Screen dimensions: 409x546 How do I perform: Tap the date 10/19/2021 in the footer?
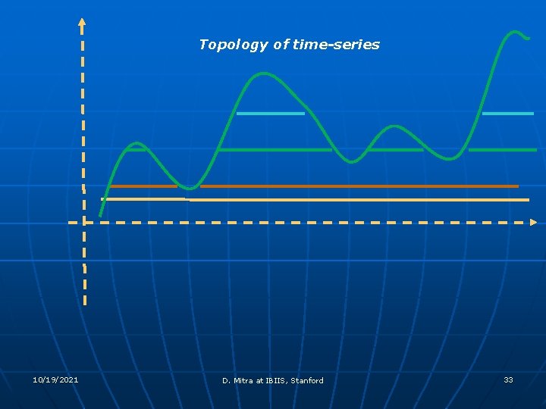click(x=55, y=379)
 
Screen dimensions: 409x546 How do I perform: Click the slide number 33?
click(x=508, y=379)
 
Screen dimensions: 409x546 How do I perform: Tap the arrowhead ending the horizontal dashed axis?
click(x=533, y=223)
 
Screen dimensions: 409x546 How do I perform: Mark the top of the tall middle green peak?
click(x=263, y=73)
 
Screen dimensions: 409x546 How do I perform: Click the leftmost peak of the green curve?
click(x=136, y=143)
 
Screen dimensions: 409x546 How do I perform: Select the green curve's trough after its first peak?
click(x=191, y=188)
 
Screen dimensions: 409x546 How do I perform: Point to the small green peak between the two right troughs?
click(x=393, y=126)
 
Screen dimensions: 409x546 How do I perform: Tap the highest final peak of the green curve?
click(x=516, y=32)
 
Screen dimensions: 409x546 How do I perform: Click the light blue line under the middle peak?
click(x=270, y=114)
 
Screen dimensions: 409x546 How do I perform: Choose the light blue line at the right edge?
click(x=507, y=114)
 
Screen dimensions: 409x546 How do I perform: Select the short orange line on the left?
click(x=143, y=186)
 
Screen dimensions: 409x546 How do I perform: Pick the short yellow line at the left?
click(x=143, y=198)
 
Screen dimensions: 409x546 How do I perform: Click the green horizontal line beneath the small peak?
click(x=395, y=150)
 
